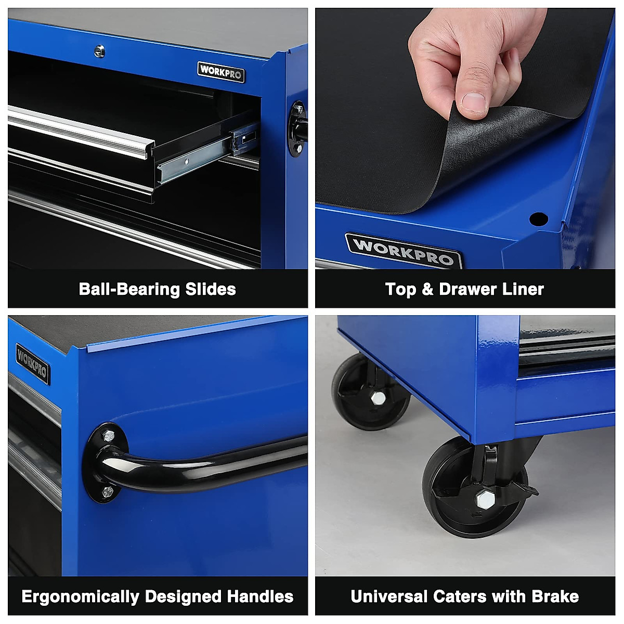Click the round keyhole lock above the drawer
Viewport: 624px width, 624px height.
(x=99, y=51)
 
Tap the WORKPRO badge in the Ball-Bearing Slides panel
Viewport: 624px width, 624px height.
(x=221, y=72)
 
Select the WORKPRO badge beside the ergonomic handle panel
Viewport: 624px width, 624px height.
(x=33, y=363)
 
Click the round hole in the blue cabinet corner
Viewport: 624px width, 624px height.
(x=538, y=218)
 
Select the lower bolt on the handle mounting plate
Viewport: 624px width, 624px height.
(x=107, y=491)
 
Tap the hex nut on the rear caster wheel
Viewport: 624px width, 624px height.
(x=378, y=398)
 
